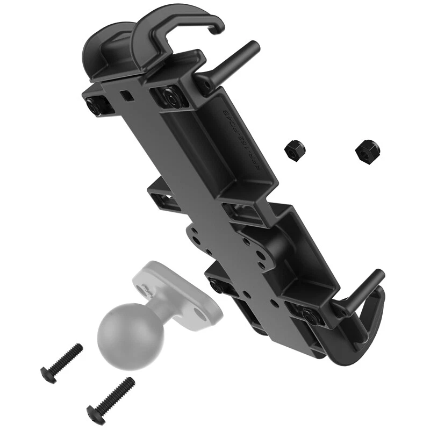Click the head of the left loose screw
click(47, 371)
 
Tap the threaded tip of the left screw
click(78, 348)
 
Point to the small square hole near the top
click(127, 95)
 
